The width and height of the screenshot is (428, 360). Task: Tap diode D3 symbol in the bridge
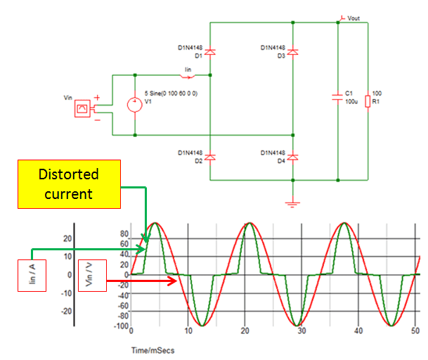(293, 52)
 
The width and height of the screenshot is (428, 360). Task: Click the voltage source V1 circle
(134, 105)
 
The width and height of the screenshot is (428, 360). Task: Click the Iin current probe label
(187, 69)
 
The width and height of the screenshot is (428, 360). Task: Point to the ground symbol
(293, 203)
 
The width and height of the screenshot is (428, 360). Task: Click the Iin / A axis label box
(32, 275)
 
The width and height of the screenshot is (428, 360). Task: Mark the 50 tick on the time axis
(415, 331)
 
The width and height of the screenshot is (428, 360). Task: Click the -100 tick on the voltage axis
(123, 326)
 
